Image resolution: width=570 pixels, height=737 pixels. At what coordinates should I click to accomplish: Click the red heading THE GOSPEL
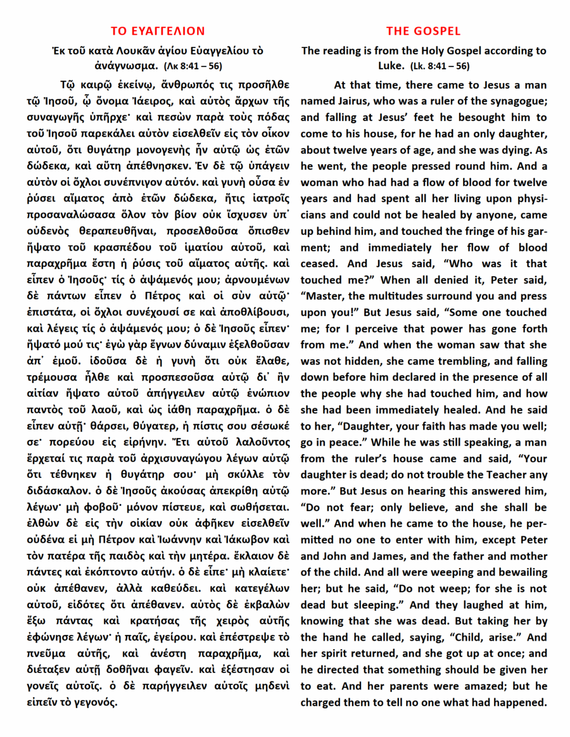423,31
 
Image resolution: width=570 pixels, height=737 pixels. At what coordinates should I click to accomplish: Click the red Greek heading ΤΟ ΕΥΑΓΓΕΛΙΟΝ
158,31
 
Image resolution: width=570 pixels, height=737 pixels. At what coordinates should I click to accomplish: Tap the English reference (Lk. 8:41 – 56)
439,66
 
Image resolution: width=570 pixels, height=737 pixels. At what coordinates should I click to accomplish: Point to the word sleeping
381,605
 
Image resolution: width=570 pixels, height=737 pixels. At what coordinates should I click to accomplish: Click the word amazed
482,686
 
